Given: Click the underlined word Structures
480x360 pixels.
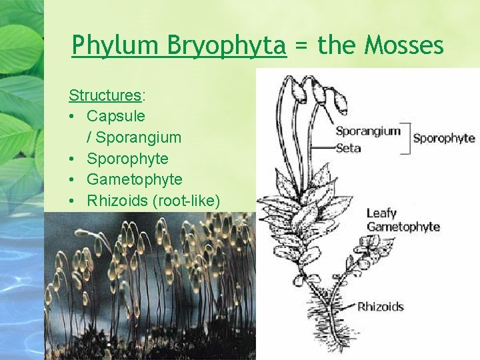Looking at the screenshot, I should (x=105, y=95).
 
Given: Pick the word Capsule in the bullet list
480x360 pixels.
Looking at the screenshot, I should (x=115, y=116).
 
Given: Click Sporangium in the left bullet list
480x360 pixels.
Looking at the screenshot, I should (x=138, y=137).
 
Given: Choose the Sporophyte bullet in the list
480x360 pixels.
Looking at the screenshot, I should (x=127, y=159).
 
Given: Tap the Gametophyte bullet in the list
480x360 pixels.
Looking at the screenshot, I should (x=134, y=180).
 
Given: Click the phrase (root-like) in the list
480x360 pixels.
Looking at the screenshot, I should (x=187, y=201).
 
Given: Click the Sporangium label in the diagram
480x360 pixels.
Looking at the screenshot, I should (x=368, y=131).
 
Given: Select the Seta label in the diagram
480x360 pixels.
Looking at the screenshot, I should (x=348, y=147).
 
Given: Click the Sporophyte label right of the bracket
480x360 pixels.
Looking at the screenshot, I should (x=444, y=139).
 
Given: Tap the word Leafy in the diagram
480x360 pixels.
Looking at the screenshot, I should (x=381, y=213).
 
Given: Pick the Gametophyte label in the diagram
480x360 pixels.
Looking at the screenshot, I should (x=403, y=227).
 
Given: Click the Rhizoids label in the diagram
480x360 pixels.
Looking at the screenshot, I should (x=381, y=307).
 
